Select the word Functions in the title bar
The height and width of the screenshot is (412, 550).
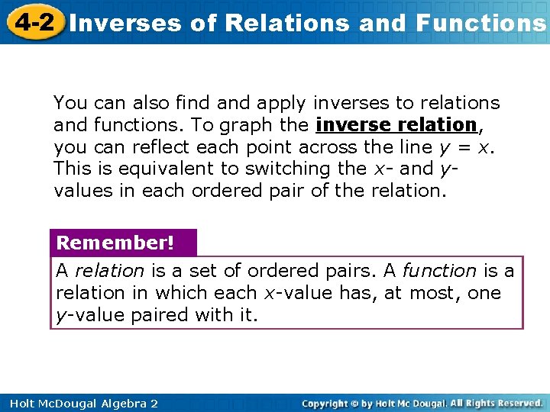pos(481,23)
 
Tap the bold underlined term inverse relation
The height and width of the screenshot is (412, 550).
pos(396,124)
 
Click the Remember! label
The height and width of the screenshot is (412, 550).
pos(115,243)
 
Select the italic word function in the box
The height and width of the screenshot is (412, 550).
pos(439,270)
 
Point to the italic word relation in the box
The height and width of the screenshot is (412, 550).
pos(109,270)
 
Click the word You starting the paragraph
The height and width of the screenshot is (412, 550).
pos(69,103)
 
